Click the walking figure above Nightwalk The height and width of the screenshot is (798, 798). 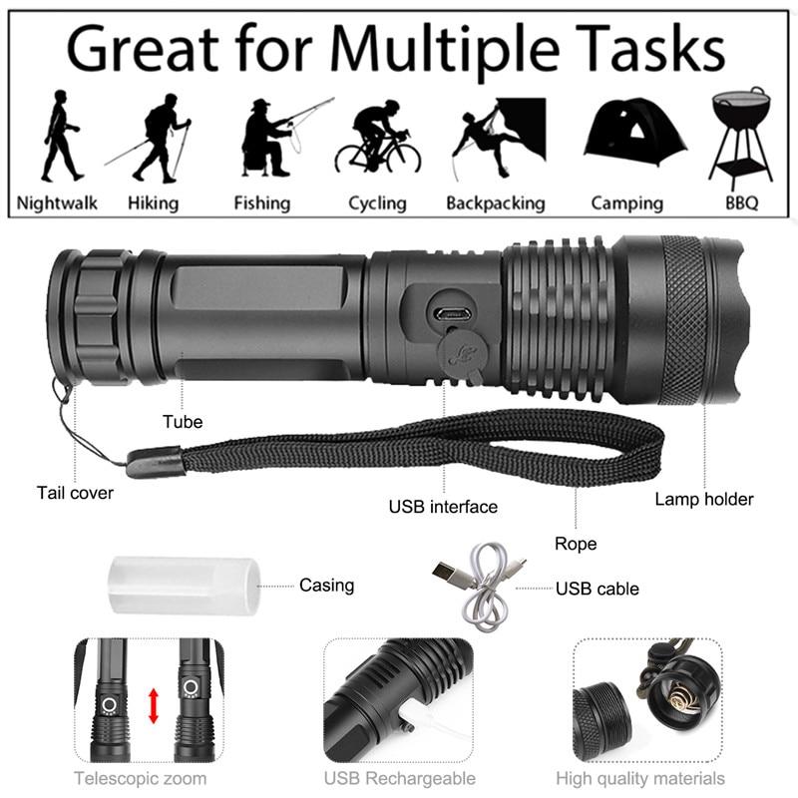click(x=60, y=135)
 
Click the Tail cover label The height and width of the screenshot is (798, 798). click(x=76, y=493)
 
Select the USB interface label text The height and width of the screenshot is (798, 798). click(x=443, y=507)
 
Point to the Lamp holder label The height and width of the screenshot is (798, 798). click(x=704, y=499)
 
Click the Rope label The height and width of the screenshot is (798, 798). click(x=576, y=544)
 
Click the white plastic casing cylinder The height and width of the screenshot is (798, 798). click(x=183, y=586)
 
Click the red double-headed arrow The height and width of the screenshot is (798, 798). click(x=154, y=705)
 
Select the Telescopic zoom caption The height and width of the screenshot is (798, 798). click(x=141, y=778)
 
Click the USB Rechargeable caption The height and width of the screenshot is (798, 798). click(x=399, y=778)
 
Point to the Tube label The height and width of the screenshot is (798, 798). click(x=183, y=422)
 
